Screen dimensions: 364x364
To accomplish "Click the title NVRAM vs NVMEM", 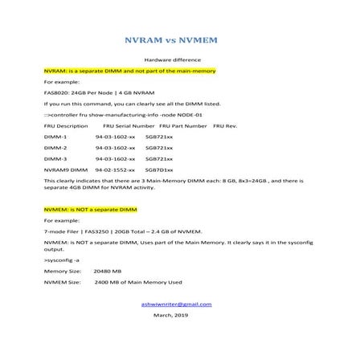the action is click(x=182, y=40).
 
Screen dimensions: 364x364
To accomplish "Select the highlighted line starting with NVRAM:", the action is click(x=129, y=72).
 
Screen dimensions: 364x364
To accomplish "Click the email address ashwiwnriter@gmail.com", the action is click(x=176, y=305).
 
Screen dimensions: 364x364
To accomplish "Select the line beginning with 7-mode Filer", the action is click(x=112, y=231).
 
